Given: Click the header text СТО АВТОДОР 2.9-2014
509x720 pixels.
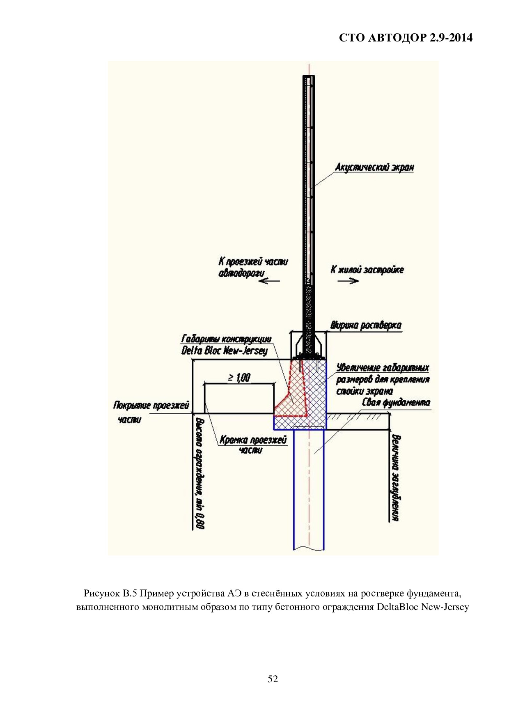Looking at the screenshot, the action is tap(406, 38).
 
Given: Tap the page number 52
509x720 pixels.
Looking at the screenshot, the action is tap(273, 679).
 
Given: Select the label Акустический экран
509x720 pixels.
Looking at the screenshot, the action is tap(374, 167).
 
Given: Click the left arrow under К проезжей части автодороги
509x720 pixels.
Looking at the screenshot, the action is tap(269, 281).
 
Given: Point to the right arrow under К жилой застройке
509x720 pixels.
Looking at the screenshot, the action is tap(348, 281).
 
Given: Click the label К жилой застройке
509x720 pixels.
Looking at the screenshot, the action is tap(367, 270).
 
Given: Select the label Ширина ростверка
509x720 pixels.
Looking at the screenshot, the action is tap(366, 326).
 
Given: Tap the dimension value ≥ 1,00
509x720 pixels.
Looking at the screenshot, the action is tap(239, 377).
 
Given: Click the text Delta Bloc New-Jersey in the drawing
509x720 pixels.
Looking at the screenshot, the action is tap(225, 350).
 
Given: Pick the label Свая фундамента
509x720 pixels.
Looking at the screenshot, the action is tap(396, 402).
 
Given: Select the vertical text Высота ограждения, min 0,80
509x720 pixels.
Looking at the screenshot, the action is tap(200, 473).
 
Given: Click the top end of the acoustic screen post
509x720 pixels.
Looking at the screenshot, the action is tap(309, 76).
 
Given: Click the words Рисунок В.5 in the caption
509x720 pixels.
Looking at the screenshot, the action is tap(110, 594).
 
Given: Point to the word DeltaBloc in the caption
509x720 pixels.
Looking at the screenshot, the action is tap(399, 607).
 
